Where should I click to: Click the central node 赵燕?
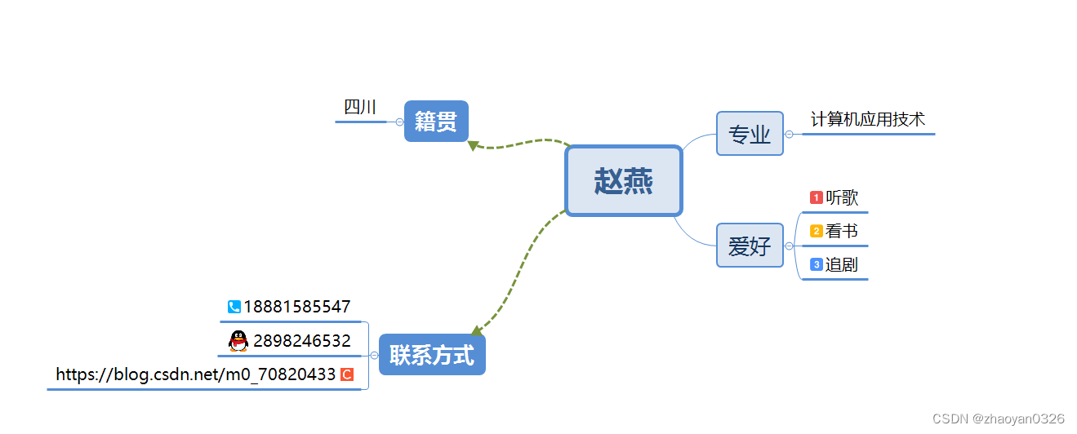[x=623, y=181]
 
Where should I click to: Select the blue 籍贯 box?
[x=436, y=122]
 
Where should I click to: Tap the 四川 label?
[x=360, y=108]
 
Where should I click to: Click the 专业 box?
[x=750, y=134]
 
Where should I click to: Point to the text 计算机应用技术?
[x=868, y=119]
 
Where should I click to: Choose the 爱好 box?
[x=750, y=246]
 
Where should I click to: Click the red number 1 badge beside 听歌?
[x=816, y=197]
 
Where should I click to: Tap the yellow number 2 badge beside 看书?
[x=816, y=232]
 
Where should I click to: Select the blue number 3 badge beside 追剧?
[x=816, y=264]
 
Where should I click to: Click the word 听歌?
[x=842, y=197]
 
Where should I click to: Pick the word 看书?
[x=842, y=232]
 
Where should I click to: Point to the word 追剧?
[x=842, y=264]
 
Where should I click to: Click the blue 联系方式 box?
[x=432, y=355]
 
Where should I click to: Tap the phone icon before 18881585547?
[x=234, y=307]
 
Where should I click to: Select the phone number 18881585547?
[x=297, y=307]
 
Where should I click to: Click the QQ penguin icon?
[x=238, y=341]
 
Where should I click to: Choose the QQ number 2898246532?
[x=302, y=341]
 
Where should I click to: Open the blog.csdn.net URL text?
[x=196, y=374]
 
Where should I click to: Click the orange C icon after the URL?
[x=347, y=374]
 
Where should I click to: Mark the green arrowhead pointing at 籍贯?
[x=473, y=145]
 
